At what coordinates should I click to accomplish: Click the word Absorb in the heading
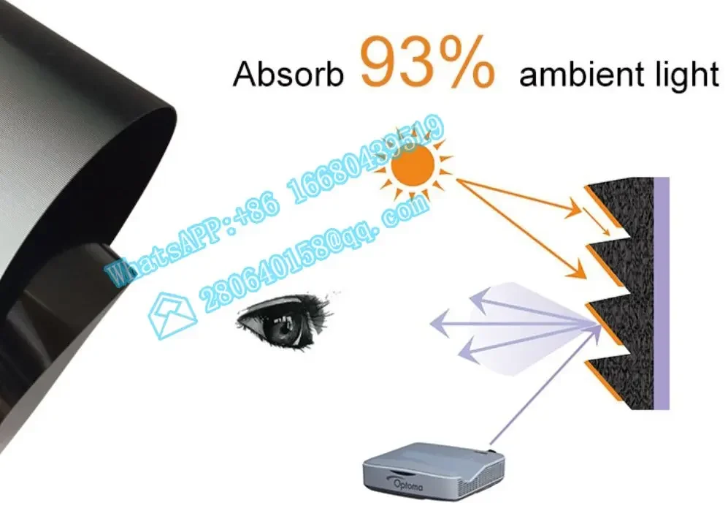click(x=288, y=74)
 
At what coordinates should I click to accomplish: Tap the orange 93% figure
click(x=426, y=61)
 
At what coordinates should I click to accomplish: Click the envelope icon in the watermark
click(x=172, y=315)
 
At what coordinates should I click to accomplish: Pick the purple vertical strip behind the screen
click(x=661, y=293)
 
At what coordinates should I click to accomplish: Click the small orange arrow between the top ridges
click(x=597, y=221)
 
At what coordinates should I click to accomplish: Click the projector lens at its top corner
click(x=491, y=450)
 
